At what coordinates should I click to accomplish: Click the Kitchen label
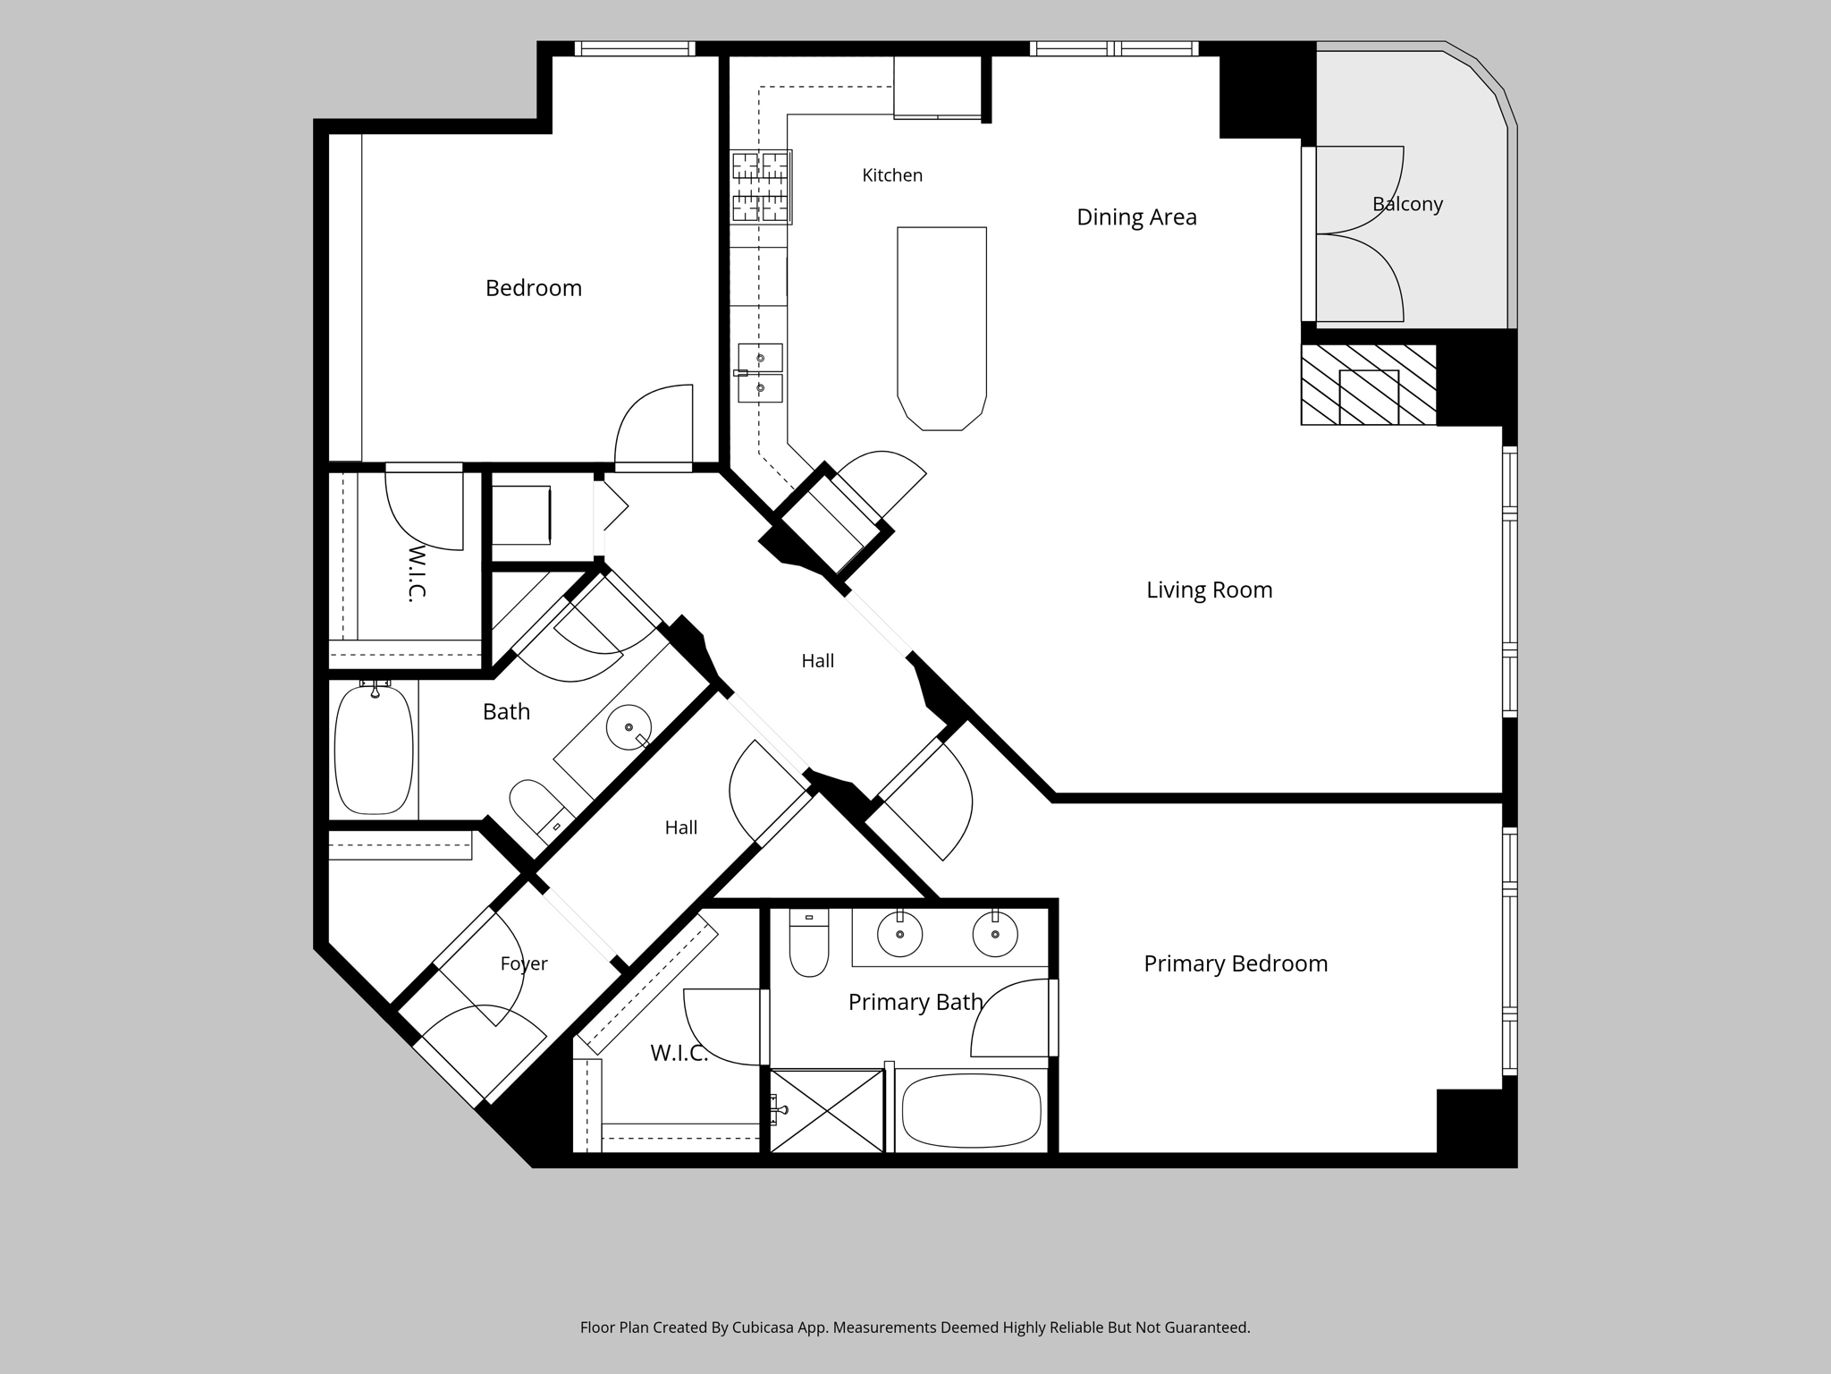click(x=892, y=175)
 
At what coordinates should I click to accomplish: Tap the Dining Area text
click(x=1136, y=217)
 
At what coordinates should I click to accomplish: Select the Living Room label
click(x=1210, y=590)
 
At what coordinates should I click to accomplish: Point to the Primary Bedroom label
click(x=1236, y=963)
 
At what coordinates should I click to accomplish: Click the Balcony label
click(x=1407, y=204)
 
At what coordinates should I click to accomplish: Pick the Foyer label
click(x=524, y=963)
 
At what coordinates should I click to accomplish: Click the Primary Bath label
click(x=915, y=1002)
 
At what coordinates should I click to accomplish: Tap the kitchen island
click(x=941, y=328)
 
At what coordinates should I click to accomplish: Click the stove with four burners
click(x=761, y=186)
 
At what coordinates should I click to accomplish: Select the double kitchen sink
click(x=760, y=373)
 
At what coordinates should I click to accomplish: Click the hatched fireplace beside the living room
click(x=1368, y=385)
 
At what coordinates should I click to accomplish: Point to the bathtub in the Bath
click(x=374, y=750)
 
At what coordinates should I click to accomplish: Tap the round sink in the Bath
click(x=629, y=727)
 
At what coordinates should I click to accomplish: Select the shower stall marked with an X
click(x=827, y=1111)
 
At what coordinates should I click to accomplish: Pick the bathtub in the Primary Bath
click(x=971, y=1111)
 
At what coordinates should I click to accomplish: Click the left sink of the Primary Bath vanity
click(x=899, y=935)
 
